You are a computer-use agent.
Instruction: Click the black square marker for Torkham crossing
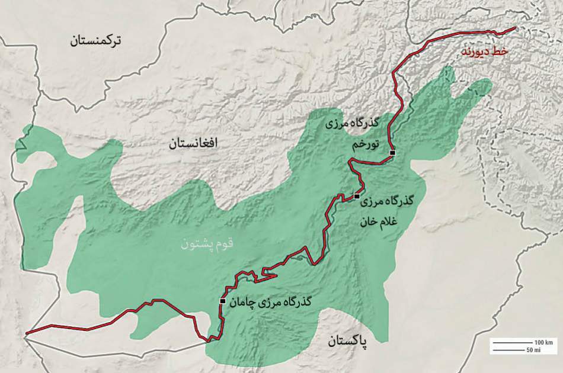[392, 153]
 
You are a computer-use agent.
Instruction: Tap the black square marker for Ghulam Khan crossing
[357, 196]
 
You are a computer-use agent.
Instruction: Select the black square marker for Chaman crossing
[222, 301]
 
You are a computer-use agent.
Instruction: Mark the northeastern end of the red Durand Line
[515, 28]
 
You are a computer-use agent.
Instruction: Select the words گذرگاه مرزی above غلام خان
[389, 201]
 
